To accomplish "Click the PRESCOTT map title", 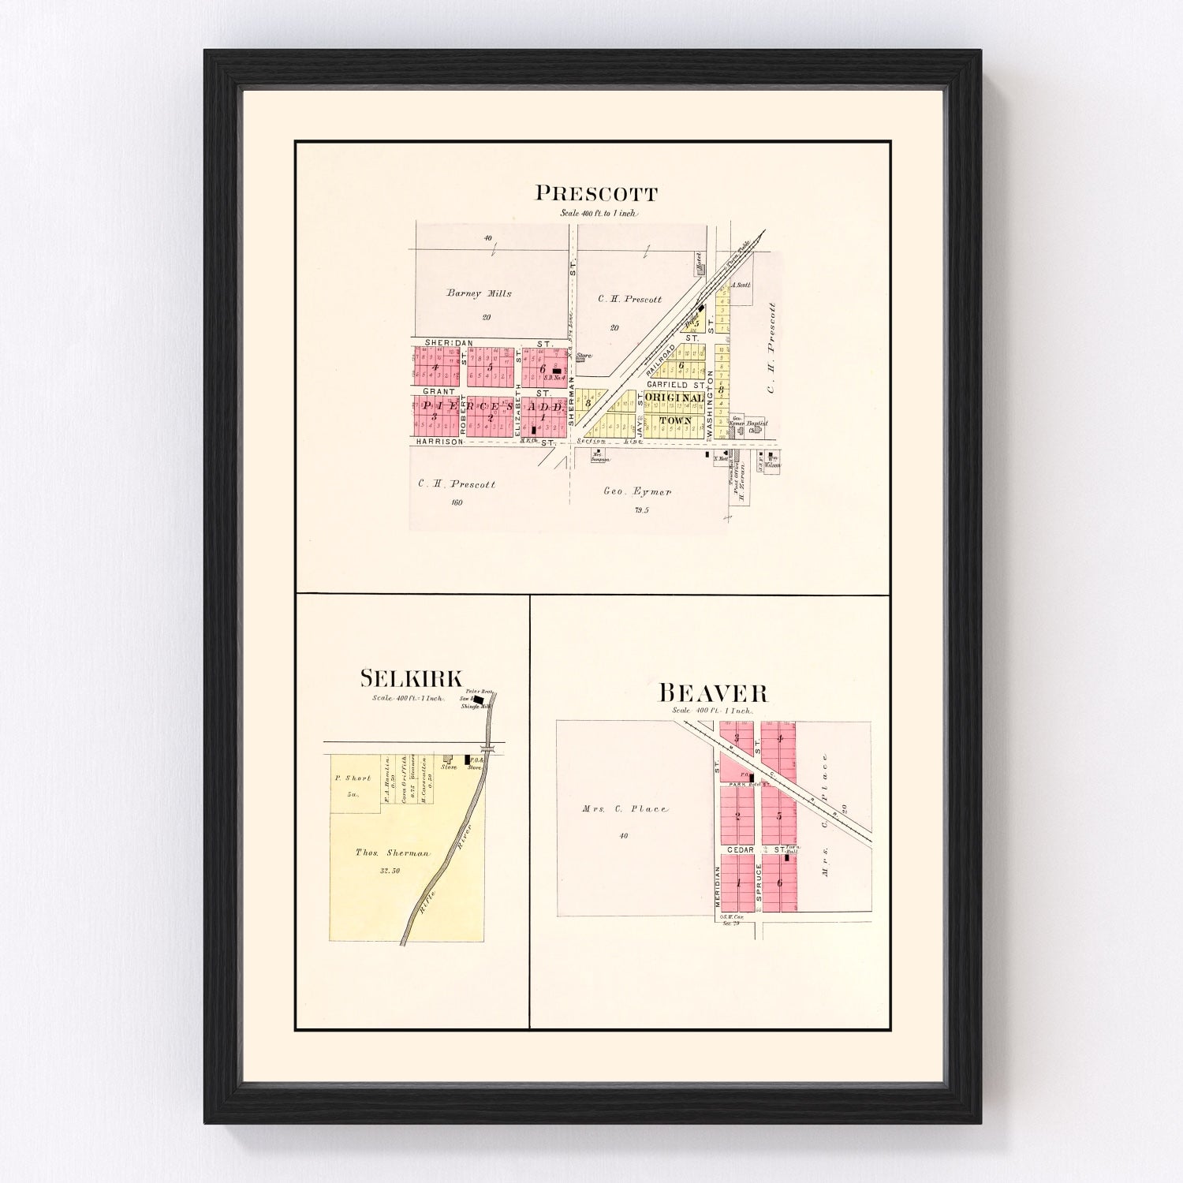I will click(596, 193).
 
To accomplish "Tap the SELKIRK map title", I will click(411, 678).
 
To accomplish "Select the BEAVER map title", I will click(712, 693).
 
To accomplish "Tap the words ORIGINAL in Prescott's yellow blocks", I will click(674, 398).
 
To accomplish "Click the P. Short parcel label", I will click(353, 778).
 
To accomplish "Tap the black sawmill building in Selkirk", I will click(478, 700).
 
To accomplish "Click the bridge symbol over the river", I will click(489, 747).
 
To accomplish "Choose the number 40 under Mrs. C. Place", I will click(623, 836).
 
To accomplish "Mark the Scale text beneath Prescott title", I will click(597, 213).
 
